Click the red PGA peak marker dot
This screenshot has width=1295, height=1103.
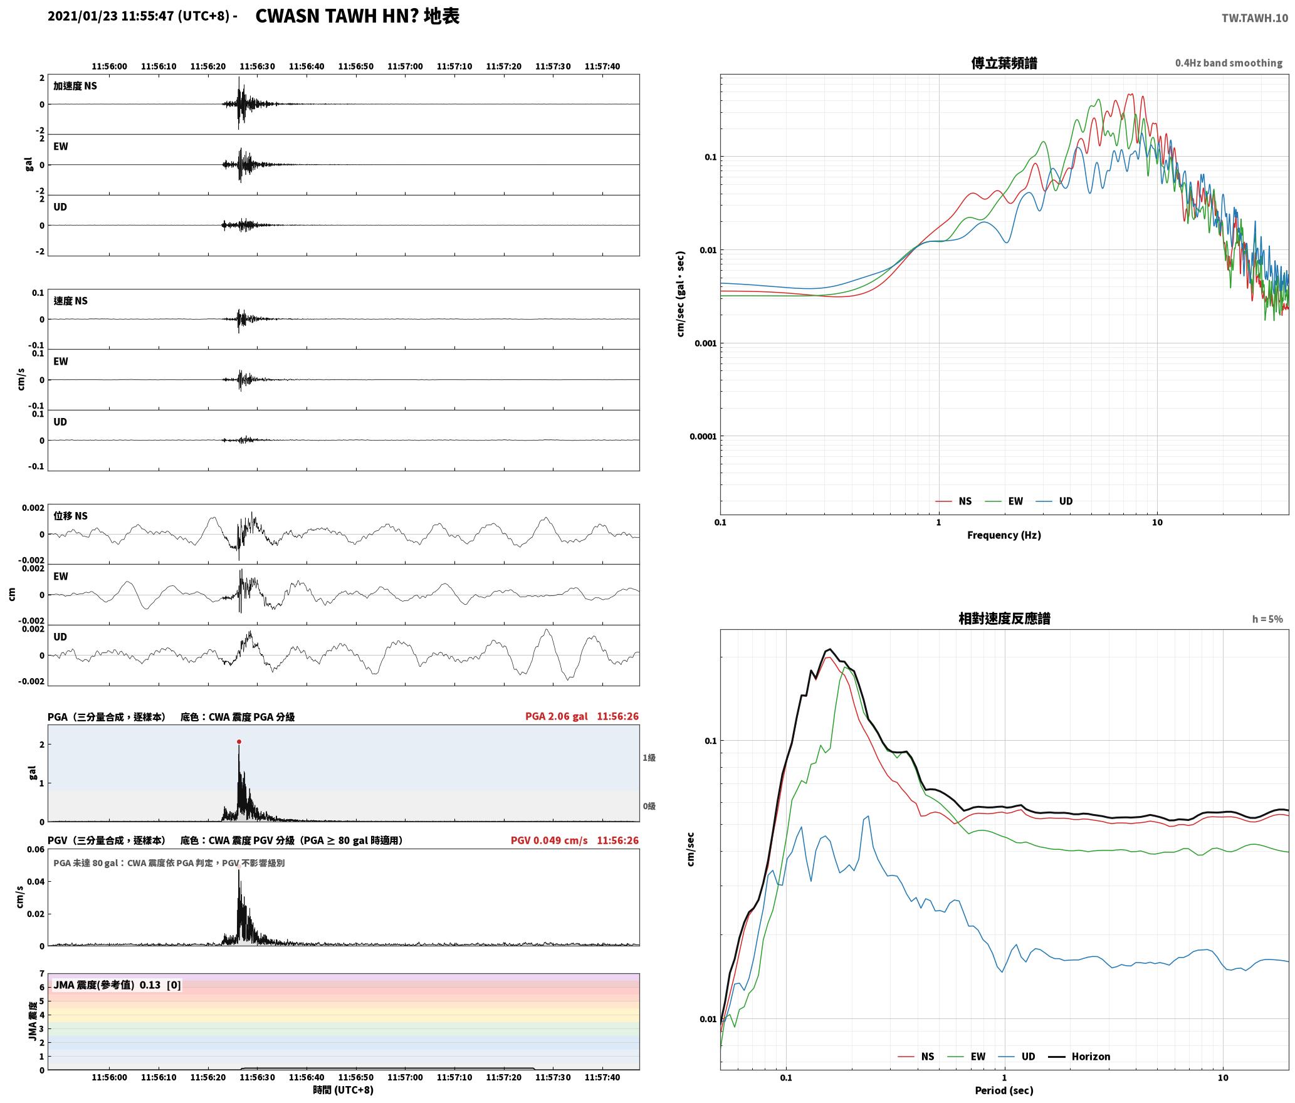239,742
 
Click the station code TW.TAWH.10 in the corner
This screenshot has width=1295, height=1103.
1254,18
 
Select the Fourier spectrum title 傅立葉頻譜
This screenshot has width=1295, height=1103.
1004,63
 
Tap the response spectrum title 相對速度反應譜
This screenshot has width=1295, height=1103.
1004,619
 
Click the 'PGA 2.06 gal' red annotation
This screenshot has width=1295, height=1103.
556,716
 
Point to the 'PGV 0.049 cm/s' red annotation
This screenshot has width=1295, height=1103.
549,840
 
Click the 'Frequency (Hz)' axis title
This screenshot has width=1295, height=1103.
1004,535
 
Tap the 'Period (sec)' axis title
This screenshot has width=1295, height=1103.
1004,1090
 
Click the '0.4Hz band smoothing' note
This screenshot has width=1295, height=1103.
1229,63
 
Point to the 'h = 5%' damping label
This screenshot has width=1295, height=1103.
1267,619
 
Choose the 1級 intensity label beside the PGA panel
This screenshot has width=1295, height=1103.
649,758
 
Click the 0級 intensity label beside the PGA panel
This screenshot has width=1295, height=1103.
649,807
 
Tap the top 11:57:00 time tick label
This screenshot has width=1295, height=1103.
405,66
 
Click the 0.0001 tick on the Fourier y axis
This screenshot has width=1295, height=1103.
703,436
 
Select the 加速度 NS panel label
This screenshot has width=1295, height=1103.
75,86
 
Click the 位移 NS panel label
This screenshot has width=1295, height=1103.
70,516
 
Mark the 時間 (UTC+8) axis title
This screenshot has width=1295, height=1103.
343,1090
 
